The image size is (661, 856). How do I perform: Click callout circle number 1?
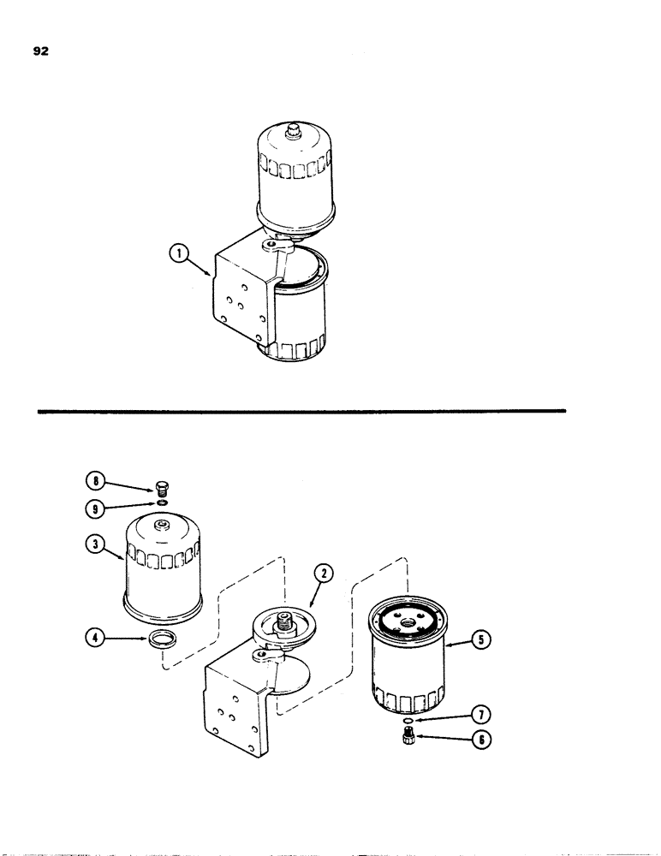(178, 253)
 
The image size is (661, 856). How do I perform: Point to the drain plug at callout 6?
(407, 738)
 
